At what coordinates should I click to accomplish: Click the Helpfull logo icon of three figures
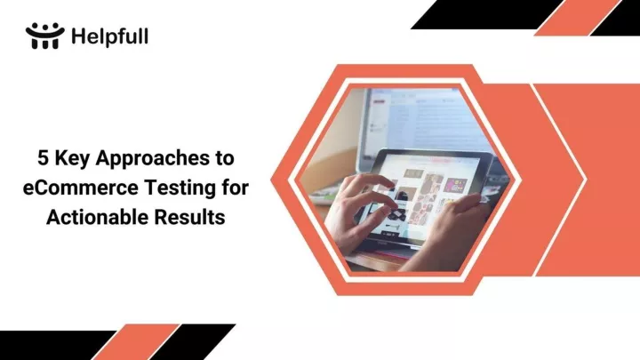tap(45, 36)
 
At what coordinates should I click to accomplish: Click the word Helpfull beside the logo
tap(110, 36)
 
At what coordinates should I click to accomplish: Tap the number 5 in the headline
tap(43, 158)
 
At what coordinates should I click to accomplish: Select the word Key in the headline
tap(72, 159)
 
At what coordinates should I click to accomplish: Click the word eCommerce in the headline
tap(80, 188)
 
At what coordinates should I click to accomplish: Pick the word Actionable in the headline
tap(97, 217)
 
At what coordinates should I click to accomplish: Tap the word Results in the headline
tap(189, 217)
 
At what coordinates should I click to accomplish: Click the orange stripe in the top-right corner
tap(578, 18)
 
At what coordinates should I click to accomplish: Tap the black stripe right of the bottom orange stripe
tap(193, 342)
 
